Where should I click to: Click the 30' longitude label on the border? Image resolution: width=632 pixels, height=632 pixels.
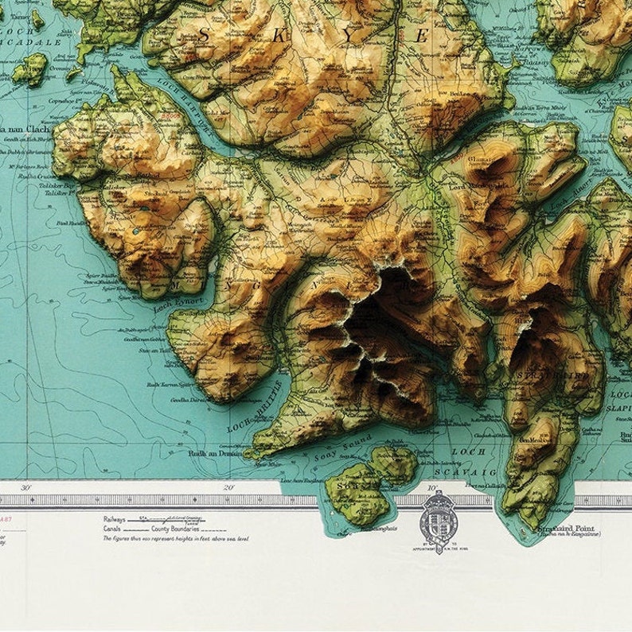(x=27, y=487)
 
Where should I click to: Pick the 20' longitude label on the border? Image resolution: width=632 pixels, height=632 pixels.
(x=229, y=487)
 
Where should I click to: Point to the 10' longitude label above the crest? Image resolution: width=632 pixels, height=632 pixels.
(x=432, y=487)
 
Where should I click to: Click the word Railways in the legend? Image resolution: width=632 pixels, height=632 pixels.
(x=114, y=518)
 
